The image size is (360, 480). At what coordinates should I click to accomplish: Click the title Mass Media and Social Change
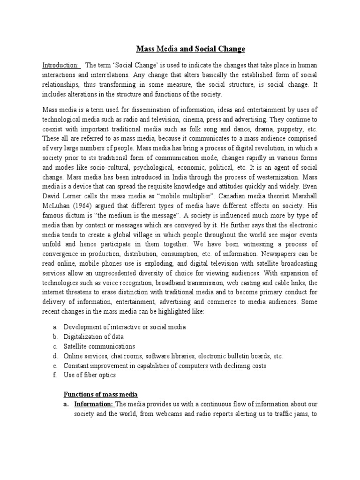(x=190, y=49)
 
